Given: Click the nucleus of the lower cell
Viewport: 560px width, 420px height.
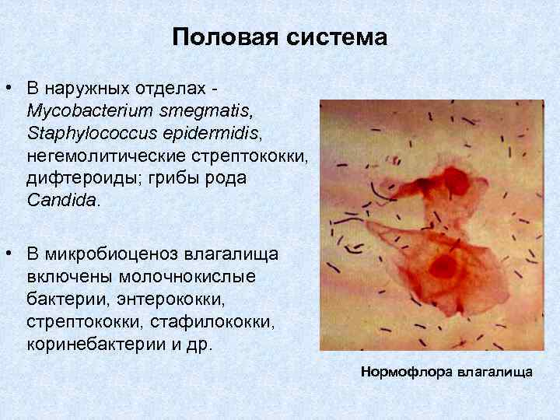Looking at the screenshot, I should pos(443,266).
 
